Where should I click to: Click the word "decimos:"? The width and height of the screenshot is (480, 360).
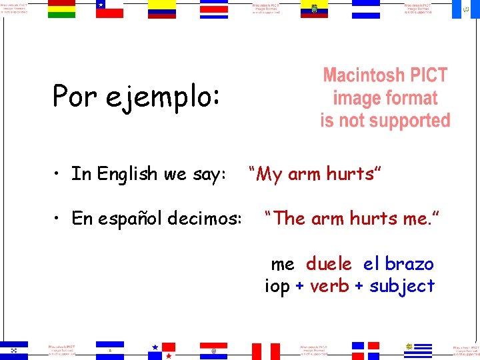pos(209,218)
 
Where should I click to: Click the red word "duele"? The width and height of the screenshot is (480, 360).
pos(329,264)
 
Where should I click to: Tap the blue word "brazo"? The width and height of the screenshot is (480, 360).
pos(409,264)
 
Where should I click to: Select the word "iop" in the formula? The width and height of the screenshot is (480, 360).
pos(277,286)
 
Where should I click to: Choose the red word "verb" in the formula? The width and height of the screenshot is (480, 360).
pos(329,286)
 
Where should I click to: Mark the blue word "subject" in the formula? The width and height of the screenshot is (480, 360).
pos(402,286)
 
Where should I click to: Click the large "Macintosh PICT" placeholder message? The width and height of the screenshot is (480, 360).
pos(385,98)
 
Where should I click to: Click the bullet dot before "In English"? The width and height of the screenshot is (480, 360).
pos(59,175)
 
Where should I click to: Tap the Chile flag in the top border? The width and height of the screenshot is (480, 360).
pos(109,9)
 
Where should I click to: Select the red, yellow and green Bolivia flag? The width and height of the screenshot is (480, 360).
pos(61,9)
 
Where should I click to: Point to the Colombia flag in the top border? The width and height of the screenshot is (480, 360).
pos(162,9)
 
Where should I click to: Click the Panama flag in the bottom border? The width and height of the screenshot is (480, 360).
pos(162,351)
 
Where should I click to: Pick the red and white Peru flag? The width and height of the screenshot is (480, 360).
pos(265,351)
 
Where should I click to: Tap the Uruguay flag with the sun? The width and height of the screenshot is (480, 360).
pos(418,350)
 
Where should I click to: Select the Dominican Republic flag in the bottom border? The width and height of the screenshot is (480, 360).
pos(365,351)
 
